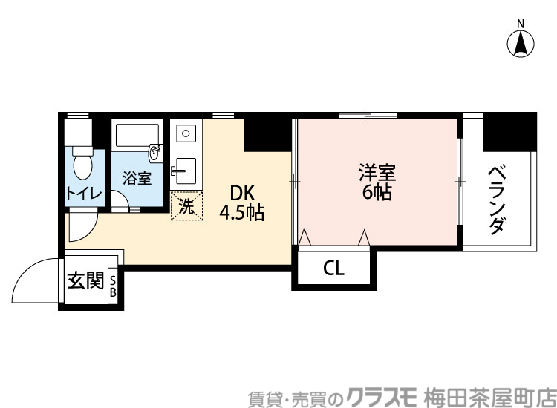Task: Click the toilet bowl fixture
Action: click(81, 165)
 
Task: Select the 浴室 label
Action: click(137, 179)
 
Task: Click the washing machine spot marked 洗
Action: click(186, 206)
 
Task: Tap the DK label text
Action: click(241, 194)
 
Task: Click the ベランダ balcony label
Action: click(498, 200)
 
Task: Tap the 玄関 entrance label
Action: click(85, 282)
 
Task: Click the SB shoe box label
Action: click(114, 286)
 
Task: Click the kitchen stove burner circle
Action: click(186, 135)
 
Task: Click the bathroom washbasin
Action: click(156, 154)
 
